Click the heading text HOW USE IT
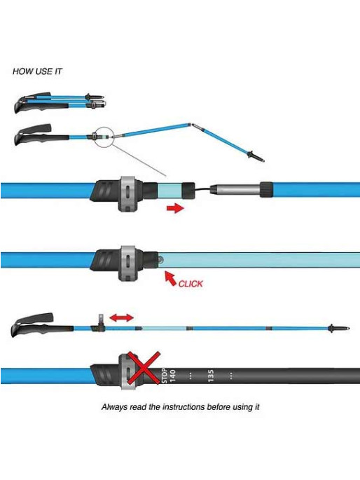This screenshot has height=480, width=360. (x=37, y=71)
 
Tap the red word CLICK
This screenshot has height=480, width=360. (x=191, y=284)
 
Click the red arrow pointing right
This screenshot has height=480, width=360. (x=175, y=209)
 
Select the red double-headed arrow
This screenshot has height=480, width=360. (x=121, y=317)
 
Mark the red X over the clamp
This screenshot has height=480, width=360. (x=144, y=368)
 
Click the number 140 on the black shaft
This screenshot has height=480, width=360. (x=173, y=376)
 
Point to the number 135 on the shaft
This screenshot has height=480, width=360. (x=211, y=376)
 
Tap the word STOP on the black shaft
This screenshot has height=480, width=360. (x=165, y=376)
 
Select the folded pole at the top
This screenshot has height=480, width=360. (x=60, y=102)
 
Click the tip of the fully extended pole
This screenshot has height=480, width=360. (x=348, y=329)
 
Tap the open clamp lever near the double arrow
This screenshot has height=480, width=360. (x=100, y=321)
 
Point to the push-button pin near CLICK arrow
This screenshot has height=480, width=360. (x=160, y=261)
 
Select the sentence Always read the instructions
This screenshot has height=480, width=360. (x=181, y=407)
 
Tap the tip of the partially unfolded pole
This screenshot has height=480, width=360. (x=261, y=159)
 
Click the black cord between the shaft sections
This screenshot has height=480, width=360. (x=202, y=190)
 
